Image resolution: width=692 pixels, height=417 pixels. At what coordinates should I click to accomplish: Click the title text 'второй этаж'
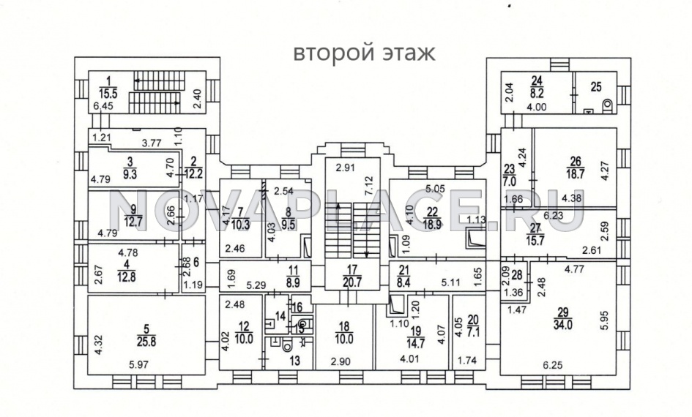coord(364,53)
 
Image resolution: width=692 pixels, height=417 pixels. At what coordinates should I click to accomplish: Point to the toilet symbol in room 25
coord(606,107)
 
